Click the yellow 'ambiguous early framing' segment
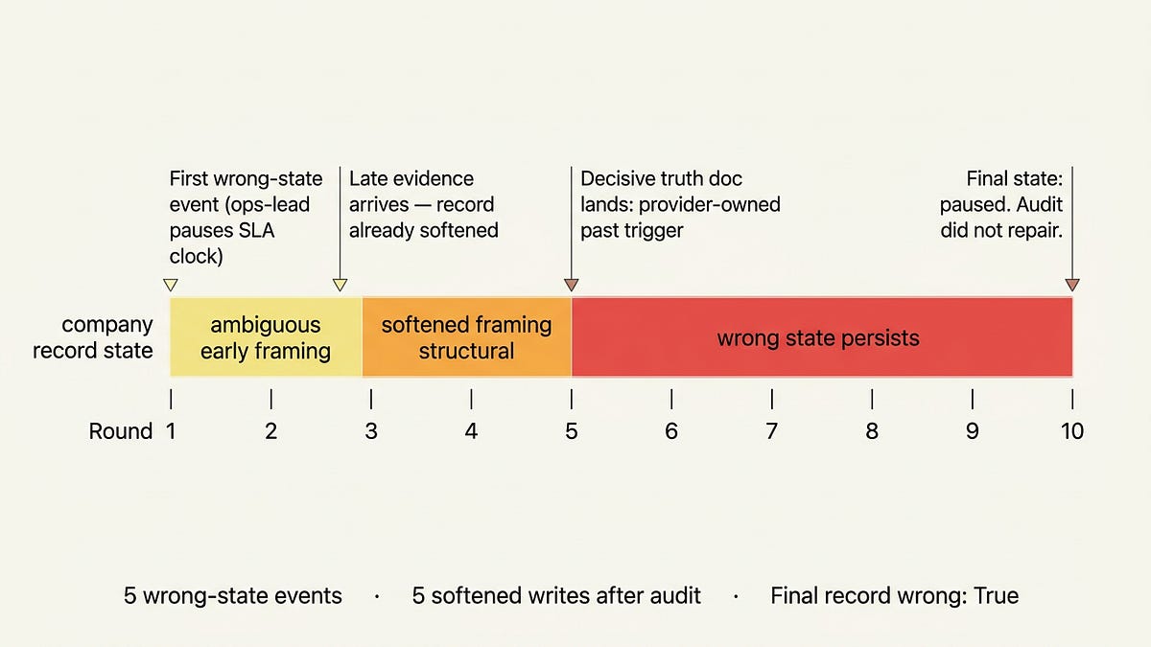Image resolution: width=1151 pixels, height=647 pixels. point(266,337)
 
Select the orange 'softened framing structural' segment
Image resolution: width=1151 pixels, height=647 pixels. point(466,337)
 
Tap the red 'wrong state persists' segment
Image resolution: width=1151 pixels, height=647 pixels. point(821,337)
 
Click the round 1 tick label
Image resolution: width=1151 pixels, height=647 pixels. point(171,431)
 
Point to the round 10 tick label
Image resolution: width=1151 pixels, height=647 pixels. point(1071,431)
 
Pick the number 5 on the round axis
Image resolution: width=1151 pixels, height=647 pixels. point(572,431)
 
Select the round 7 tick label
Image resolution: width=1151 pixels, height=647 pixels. point(771,431)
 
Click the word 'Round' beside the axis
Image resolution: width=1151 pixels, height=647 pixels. point(121,431)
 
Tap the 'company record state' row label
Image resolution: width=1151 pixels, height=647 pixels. point(93,337)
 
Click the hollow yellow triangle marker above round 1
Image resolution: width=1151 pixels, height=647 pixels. point(171,284)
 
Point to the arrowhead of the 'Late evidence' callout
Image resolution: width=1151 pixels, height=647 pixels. point(340,284)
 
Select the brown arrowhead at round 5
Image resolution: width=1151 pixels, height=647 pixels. point(572,284)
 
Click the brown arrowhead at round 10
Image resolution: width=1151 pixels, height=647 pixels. point(1072,284)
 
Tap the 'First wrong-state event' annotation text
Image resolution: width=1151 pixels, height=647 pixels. point(246,218)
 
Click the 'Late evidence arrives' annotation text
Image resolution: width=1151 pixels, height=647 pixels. point(423,204)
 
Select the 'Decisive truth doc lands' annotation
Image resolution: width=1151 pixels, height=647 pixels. point(680,204)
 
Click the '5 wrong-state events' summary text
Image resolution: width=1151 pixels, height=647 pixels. point(233,595)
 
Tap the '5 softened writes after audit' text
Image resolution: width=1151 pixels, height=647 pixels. point(556,595)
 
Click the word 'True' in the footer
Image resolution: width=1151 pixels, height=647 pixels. point(995,595)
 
